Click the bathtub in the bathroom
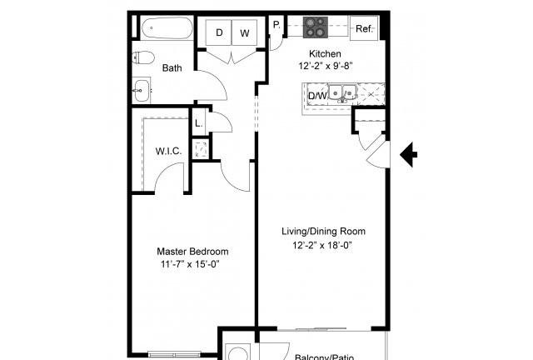click(167, 28)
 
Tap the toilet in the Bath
click(143, 57)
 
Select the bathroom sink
click(142, 91)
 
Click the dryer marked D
click(219, 32)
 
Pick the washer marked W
click(244, 32)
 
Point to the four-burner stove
click(316, 27)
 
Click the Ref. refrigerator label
click(364, 28)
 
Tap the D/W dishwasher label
click(317, 96)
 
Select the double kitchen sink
click(342, 92)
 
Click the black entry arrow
click(408, 154)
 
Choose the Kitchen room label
click(325, 54)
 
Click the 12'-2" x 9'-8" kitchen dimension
click(326, 66)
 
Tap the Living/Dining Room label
click(323, 232)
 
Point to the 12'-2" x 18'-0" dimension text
click(322, 245)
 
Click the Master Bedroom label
click(192, 252)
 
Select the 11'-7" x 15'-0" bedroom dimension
click(190, 264)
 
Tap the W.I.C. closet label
click(168, 151)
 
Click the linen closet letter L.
click(198, 123)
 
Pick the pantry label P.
click(276, 25)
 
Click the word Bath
click(172, 68)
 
